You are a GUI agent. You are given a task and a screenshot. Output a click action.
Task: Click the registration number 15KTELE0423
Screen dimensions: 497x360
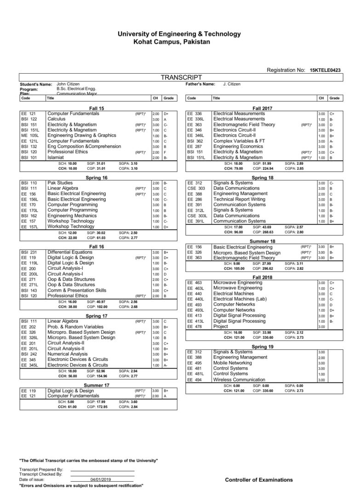pyautogui.click(x=328, y=70)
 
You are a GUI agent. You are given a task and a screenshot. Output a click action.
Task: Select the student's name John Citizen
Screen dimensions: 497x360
pyautogui.click(x=68, y=84)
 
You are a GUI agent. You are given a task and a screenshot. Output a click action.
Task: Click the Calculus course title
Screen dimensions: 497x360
pyautogui.click(x=56, y=119)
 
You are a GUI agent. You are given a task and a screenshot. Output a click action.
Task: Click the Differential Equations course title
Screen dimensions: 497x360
pyautogui.click(x=70, y=252)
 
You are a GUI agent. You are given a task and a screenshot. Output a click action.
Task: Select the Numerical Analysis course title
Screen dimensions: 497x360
pyautogui.click(x=68, y=354)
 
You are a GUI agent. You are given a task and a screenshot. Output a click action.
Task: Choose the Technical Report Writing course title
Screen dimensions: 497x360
pyautogui.click(x=239, y=199)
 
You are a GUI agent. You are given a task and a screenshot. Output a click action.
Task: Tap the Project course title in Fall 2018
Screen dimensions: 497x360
pyautogui.click(x=221, y=326)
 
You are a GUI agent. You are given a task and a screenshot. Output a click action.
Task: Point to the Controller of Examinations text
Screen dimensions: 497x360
pyautogui.click(x=259, y=480)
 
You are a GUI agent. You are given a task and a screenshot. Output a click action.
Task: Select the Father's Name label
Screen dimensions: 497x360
pyautogui.click(x=200, y=84)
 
